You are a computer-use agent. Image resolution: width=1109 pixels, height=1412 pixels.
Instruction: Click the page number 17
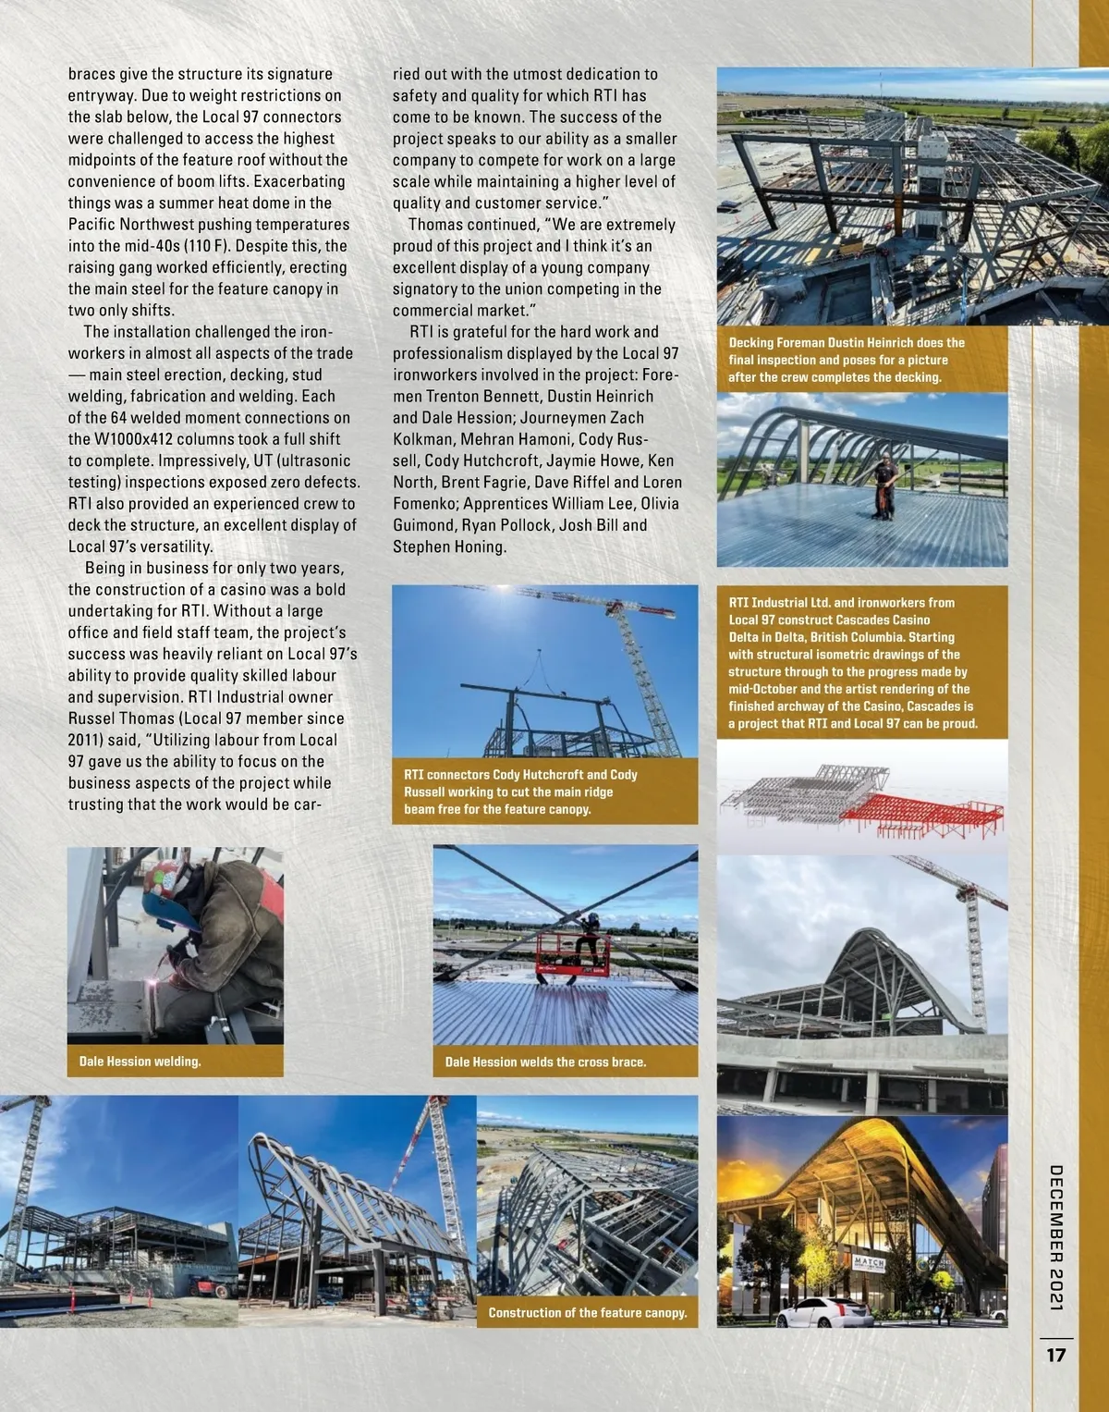pos(1055,1355)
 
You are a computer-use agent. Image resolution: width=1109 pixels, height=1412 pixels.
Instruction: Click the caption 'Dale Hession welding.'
pos(140,1062)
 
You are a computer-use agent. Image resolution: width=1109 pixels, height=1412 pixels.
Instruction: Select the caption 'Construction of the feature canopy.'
pos(588,1312)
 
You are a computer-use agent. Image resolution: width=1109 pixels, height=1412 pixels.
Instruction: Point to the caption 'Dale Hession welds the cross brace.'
pos(545,1062)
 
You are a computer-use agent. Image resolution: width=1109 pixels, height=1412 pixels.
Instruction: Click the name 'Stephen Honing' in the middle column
pos(449,546)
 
